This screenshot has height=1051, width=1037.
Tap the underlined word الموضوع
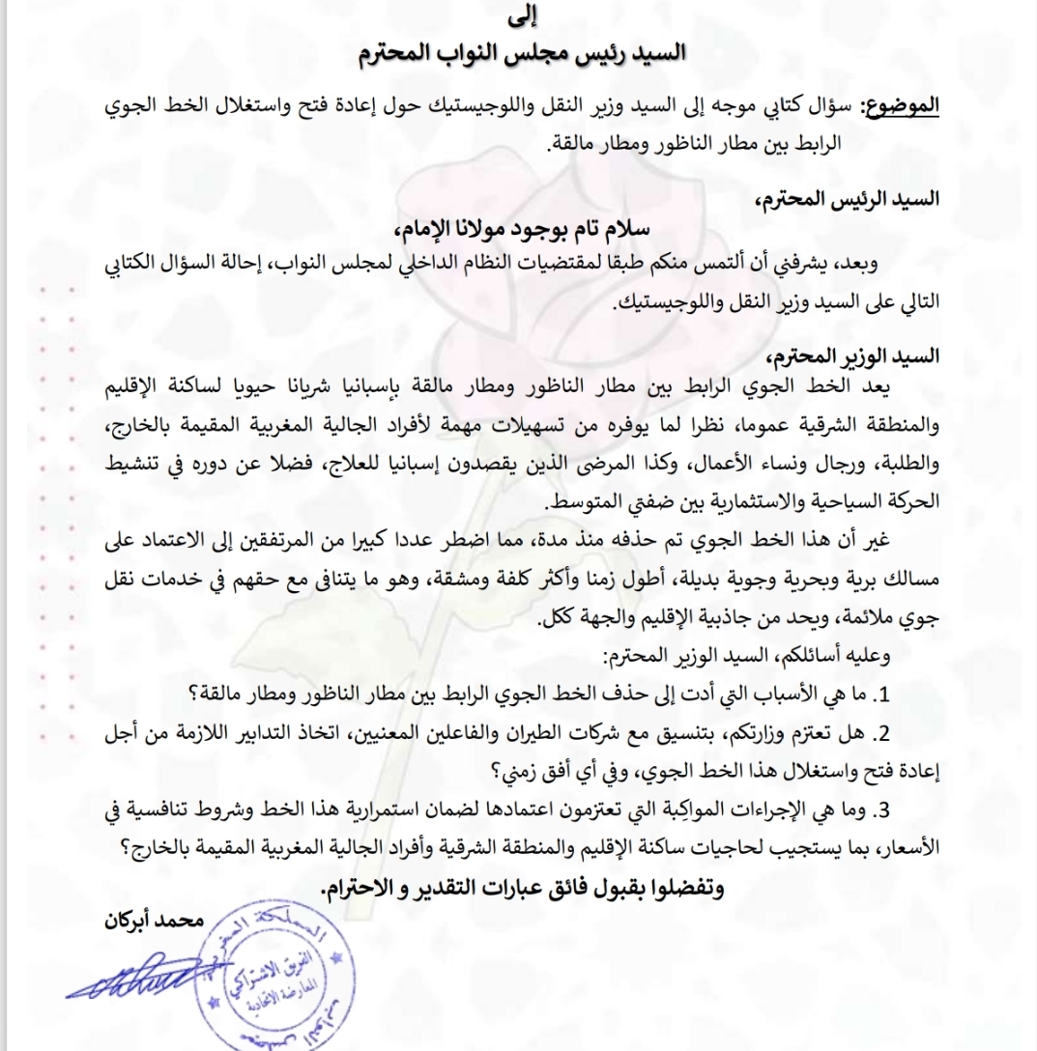click(x=899, y=105)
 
